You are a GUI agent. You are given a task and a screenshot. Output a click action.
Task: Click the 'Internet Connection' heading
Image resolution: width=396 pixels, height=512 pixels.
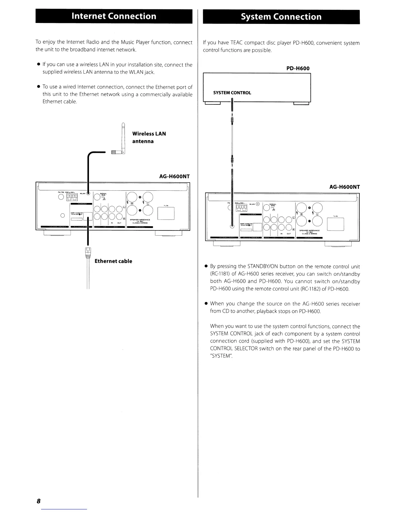pyautogui.click(x=114, y=16)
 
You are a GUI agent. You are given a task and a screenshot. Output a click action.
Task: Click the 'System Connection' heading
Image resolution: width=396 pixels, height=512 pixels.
pyautogui.click(x=281, y=17)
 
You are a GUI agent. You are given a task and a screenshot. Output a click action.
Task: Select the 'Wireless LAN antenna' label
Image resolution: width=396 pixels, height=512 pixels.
pyautogui.click(x=149, y=137)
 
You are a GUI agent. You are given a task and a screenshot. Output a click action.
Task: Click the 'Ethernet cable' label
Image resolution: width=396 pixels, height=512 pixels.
pyautogui.click(x=113, y=261)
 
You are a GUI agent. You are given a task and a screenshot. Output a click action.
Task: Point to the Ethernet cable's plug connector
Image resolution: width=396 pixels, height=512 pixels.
pyautogui.click(x=88, y=252)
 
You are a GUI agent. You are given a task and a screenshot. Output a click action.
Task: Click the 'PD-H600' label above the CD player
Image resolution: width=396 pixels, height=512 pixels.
pyautogui.click(x=298, y=69)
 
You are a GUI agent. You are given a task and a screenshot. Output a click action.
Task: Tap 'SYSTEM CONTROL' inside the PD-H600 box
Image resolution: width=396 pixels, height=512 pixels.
pyautogui.click(x=232, y=93)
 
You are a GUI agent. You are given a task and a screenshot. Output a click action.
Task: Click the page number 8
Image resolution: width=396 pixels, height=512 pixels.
pyautogui.click(x=38, y=501)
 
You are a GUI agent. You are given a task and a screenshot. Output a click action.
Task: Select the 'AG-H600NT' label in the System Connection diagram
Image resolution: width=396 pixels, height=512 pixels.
pyautogui.click(x=344, y=187)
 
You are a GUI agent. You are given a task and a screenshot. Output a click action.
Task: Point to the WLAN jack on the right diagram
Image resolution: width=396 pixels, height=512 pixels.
pyautogui.click(x=258, y=204)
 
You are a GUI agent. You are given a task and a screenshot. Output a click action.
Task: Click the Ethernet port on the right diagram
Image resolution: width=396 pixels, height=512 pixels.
pyautogui.click(x=258, y=227)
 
